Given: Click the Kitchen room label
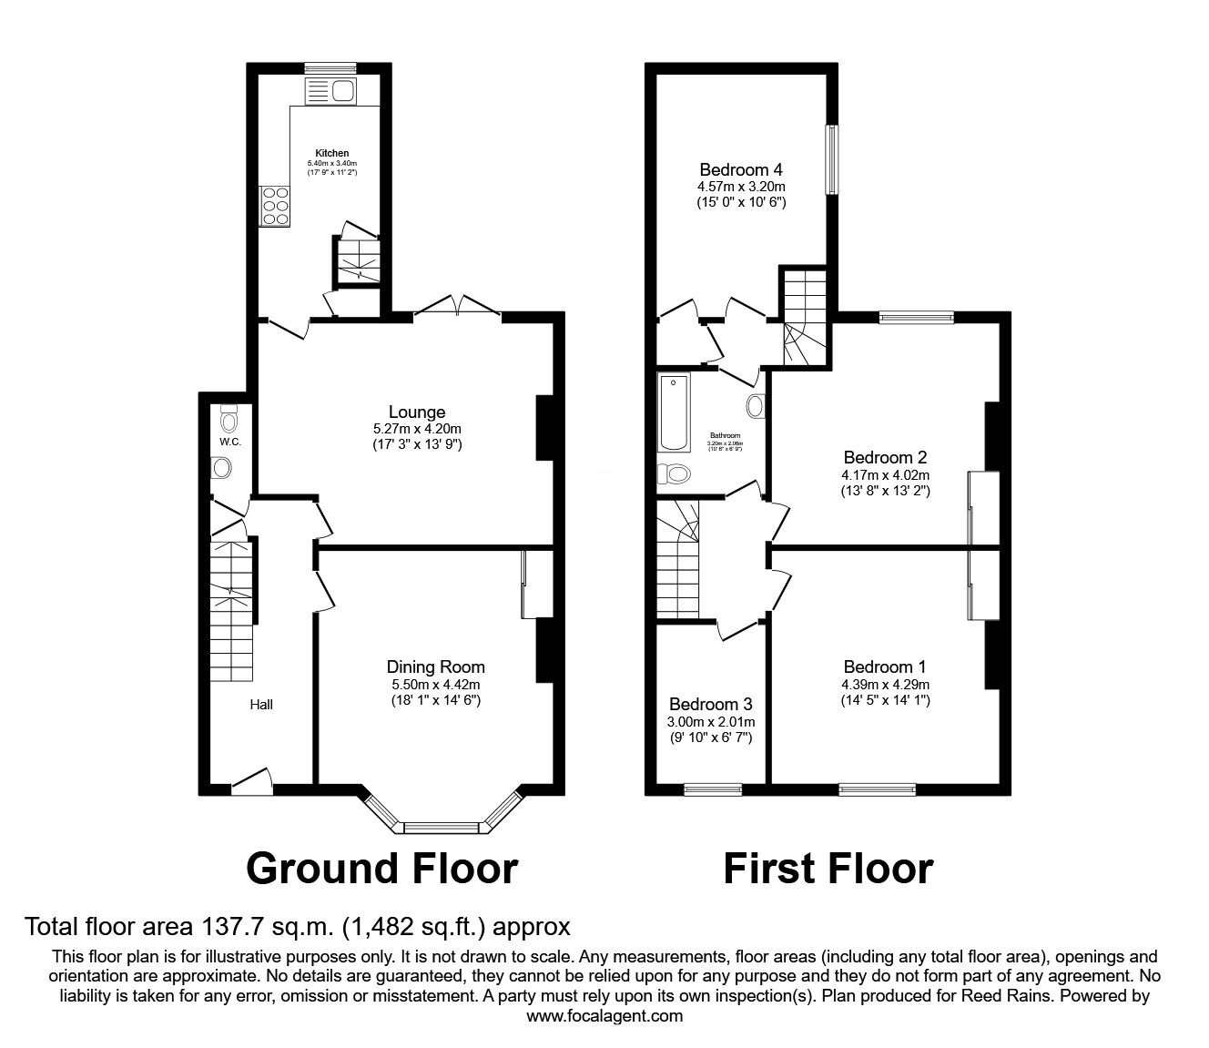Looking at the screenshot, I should [x=331, y=153].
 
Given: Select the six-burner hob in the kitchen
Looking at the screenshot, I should [x=275, y=206].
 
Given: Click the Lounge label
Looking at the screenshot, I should [x=417, y=412].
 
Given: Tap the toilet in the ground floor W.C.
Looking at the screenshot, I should [x=229, y=420].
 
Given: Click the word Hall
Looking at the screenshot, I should [x=260, y=704].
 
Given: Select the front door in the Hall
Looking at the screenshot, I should [x=251, y=781].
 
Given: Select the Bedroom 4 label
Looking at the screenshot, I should [x=741, y=169].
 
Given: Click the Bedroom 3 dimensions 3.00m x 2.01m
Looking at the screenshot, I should [x=710, y=722].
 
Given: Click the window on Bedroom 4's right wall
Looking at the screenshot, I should [x=831, y=159].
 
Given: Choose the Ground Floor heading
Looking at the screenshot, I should [x=381, y=869].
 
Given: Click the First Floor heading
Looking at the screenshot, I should [x=828, y=869].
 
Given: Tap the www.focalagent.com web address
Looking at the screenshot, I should [x=604, y=1016].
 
